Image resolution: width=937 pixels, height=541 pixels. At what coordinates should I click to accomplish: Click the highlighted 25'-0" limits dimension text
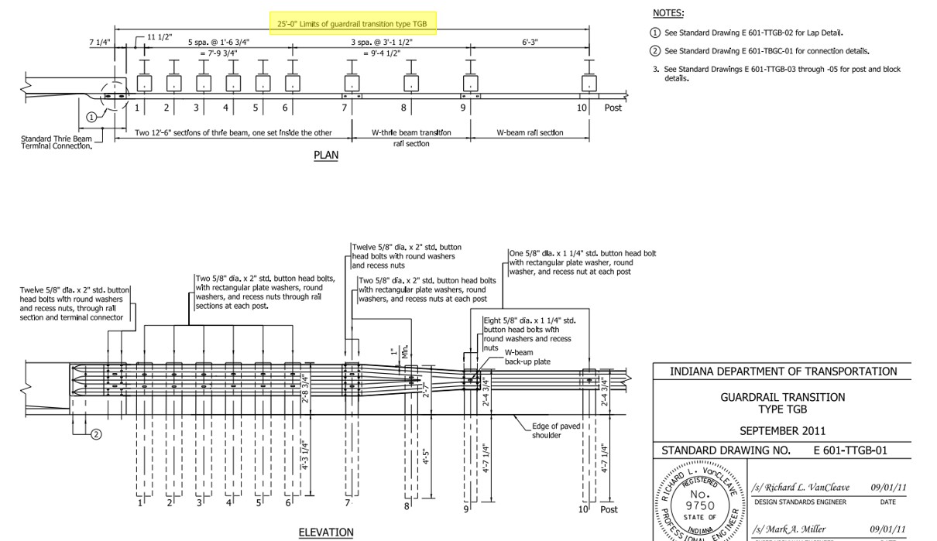coord(352,24)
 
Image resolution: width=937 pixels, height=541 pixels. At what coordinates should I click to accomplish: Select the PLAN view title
coord(326,155)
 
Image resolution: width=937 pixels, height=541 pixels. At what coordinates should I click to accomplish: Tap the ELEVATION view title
coord(326,532)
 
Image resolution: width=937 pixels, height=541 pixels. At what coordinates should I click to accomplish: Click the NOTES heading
coord(668,13)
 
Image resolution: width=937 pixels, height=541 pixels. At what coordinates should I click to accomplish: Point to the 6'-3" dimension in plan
coord(530,42)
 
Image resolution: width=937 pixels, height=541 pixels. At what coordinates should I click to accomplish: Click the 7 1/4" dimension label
coord(100,43)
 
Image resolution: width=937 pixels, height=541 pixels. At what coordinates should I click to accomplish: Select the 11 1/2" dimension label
coord(160,37)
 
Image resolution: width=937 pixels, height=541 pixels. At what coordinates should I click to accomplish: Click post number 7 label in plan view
coord(345,108)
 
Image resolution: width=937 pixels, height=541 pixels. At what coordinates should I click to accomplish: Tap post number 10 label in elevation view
coord(583,508)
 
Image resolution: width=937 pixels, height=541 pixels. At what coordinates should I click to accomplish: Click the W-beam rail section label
coord(530,132)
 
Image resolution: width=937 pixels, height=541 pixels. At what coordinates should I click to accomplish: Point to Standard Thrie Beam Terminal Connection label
coord(56,143)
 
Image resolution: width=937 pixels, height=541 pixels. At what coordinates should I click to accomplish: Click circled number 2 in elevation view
coord(96,434)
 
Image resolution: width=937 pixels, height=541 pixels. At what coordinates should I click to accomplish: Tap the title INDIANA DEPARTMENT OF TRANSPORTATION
coord(783,372)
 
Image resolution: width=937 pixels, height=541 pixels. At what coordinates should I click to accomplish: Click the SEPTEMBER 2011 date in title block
coord(782,431)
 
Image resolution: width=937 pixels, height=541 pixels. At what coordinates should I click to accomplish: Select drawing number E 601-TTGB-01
coord(849,450)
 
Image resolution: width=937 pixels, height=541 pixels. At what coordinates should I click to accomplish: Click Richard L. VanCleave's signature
coord(801,488)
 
